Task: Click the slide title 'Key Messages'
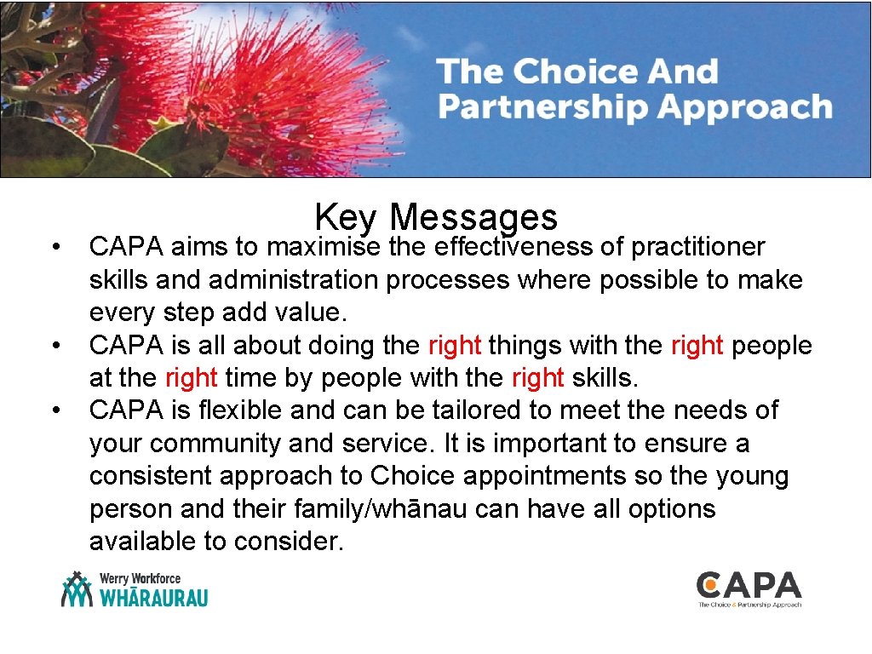tap(435, 217)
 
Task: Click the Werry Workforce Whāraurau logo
tap(135, 589)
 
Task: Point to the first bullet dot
tap(54, 248)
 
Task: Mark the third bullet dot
tap(54, 411)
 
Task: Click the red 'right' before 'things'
tap(455, 346)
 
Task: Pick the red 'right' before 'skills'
tap(537, 378)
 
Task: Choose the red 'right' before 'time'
tap(192, 378)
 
